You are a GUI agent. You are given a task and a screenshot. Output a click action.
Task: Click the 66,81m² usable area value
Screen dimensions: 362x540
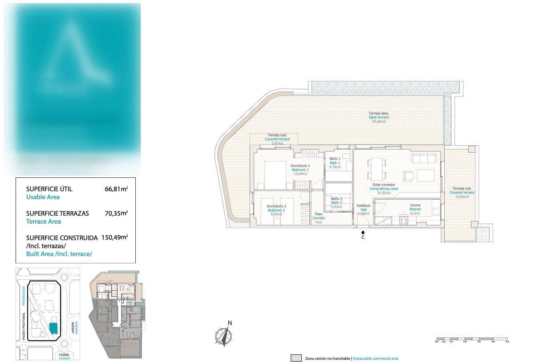(116, 189)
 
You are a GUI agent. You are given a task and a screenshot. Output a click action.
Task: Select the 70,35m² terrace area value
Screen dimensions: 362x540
(116, 213)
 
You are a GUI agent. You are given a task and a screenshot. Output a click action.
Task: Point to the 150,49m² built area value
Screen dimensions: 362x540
(114, 237)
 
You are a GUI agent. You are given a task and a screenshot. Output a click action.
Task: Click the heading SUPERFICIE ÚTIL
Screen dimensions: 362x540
(49, 189)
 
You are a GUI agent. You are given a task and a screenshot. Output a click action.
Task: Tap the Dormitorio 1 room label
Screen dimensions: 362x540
(300, 166)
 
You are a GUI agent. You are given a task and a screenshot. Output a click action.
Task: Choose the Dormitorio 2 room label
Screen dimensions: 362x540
(276, 206)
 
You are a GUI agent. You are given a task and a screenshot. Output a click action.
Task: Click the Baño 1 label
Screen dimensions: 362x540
(335, 159)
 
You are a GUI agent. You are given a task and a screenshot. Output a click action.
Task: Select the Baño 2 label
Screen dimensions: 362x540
(336, 199)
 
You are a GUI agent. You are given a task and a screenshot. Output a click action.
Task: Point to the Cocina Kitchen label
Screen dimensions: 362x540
(415, 205)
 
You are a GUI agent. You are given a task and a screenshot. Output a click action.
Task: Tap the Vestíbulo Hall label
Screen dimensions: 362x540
(363, 206)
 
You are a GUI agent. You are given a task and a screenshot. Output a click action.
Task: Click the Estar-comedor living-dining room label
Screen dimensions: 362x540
(384, 185)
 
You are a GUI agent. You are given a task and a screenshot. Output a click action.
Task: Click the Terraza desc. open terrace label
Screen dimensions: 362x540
(379, 113)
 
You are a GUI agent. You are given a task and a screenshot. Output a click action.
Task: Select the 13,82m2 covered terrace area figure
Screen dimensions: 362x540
(462, 196)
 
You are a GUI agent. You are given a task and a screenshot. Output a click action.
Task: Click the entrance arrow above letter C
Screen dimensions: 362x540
(363, 232)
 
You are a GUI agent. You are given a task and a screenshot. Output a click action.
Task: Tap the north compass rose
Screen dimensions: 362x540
(224, 334)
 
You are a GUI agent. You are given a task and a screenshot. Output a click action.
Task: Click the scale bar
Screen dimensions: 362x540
(472, 340)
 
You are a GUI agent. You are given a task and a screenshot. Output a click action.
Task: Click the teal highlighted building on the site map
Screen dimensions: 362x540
(53, 328)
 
